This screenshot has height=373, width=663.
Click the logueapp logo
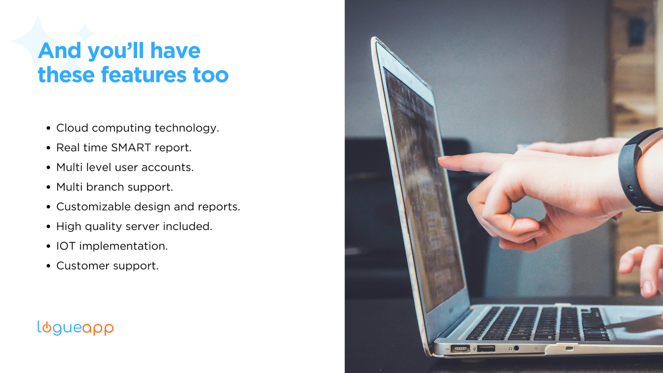point(75,328)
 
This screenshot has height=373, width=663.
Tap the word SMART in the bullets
point(131,148)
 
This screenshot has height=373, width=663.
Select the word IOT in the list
point(66,246)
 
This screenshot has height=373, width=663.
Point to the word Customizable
point(94,207)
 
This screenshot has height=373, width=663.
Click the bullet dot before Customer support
point(48,266)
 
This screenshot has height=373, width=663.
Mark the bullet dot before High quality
point(48,226)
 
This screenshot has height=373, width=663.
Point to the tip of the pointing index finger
point(439,159)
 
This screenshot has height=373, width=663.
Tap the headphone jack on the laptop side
point(516,348)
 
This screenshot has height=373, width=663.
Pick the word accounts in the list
point(167,167)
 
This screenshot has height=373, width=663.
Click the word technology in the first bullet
point(187,128)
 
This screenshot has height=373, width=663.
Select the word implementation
point(123,246)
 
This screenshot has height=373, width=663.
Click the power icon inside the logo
point(47,328)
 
